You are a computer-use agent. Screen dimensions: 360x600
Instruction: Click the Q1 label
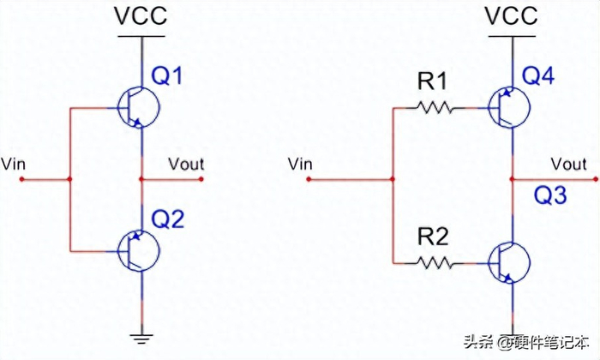coord(167,78)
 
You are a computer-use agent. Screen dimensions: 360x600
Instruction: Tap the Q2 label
coord(168,220)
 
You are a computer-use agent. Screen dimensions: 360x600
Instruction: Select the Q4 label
coord(538,78)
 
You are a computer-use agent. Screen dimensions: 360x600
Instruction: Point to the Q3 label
coord(549,196)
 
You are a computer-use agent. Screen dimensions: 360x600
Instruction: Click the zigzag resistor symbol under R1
coord(433,109)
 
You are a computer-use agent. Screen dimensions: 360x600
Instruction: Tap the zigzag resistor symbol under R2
coord(433,260)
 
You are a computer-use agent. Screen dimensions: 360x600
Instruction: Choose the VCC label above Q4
coord(511,15)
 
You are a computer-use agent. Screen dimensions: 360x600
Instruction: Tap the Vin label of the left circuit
coord(15,162)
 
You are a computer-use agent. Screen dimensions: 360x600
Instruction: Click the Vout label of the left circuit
coord(186,163)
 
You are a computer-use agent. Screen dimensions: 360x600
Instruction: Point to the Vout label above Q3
coord(569,164)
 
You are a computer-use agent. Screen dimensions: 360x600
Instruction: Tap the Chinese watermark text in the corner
coord(525,342)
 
